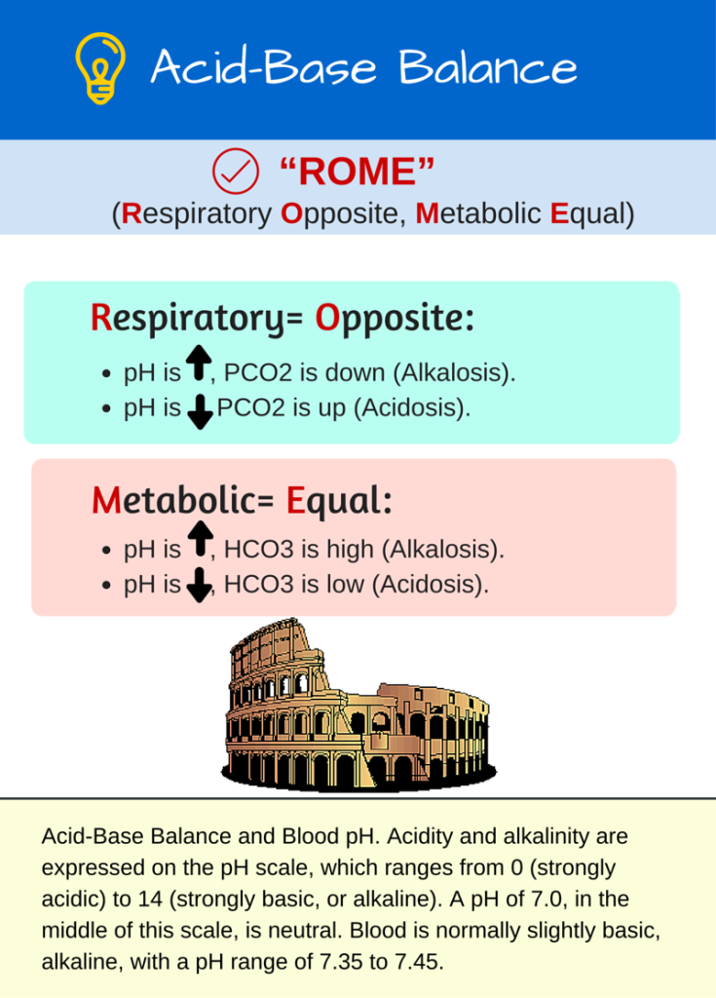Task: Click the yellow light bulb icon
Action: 100,67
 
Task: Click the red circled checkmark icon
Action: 235,173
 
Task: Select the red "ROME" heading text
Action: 357,173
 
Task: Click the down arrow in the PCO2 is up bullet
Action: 200,413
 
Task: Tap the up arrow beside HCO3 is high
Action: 199,538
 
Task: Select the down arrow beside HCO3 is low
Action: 199,586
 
